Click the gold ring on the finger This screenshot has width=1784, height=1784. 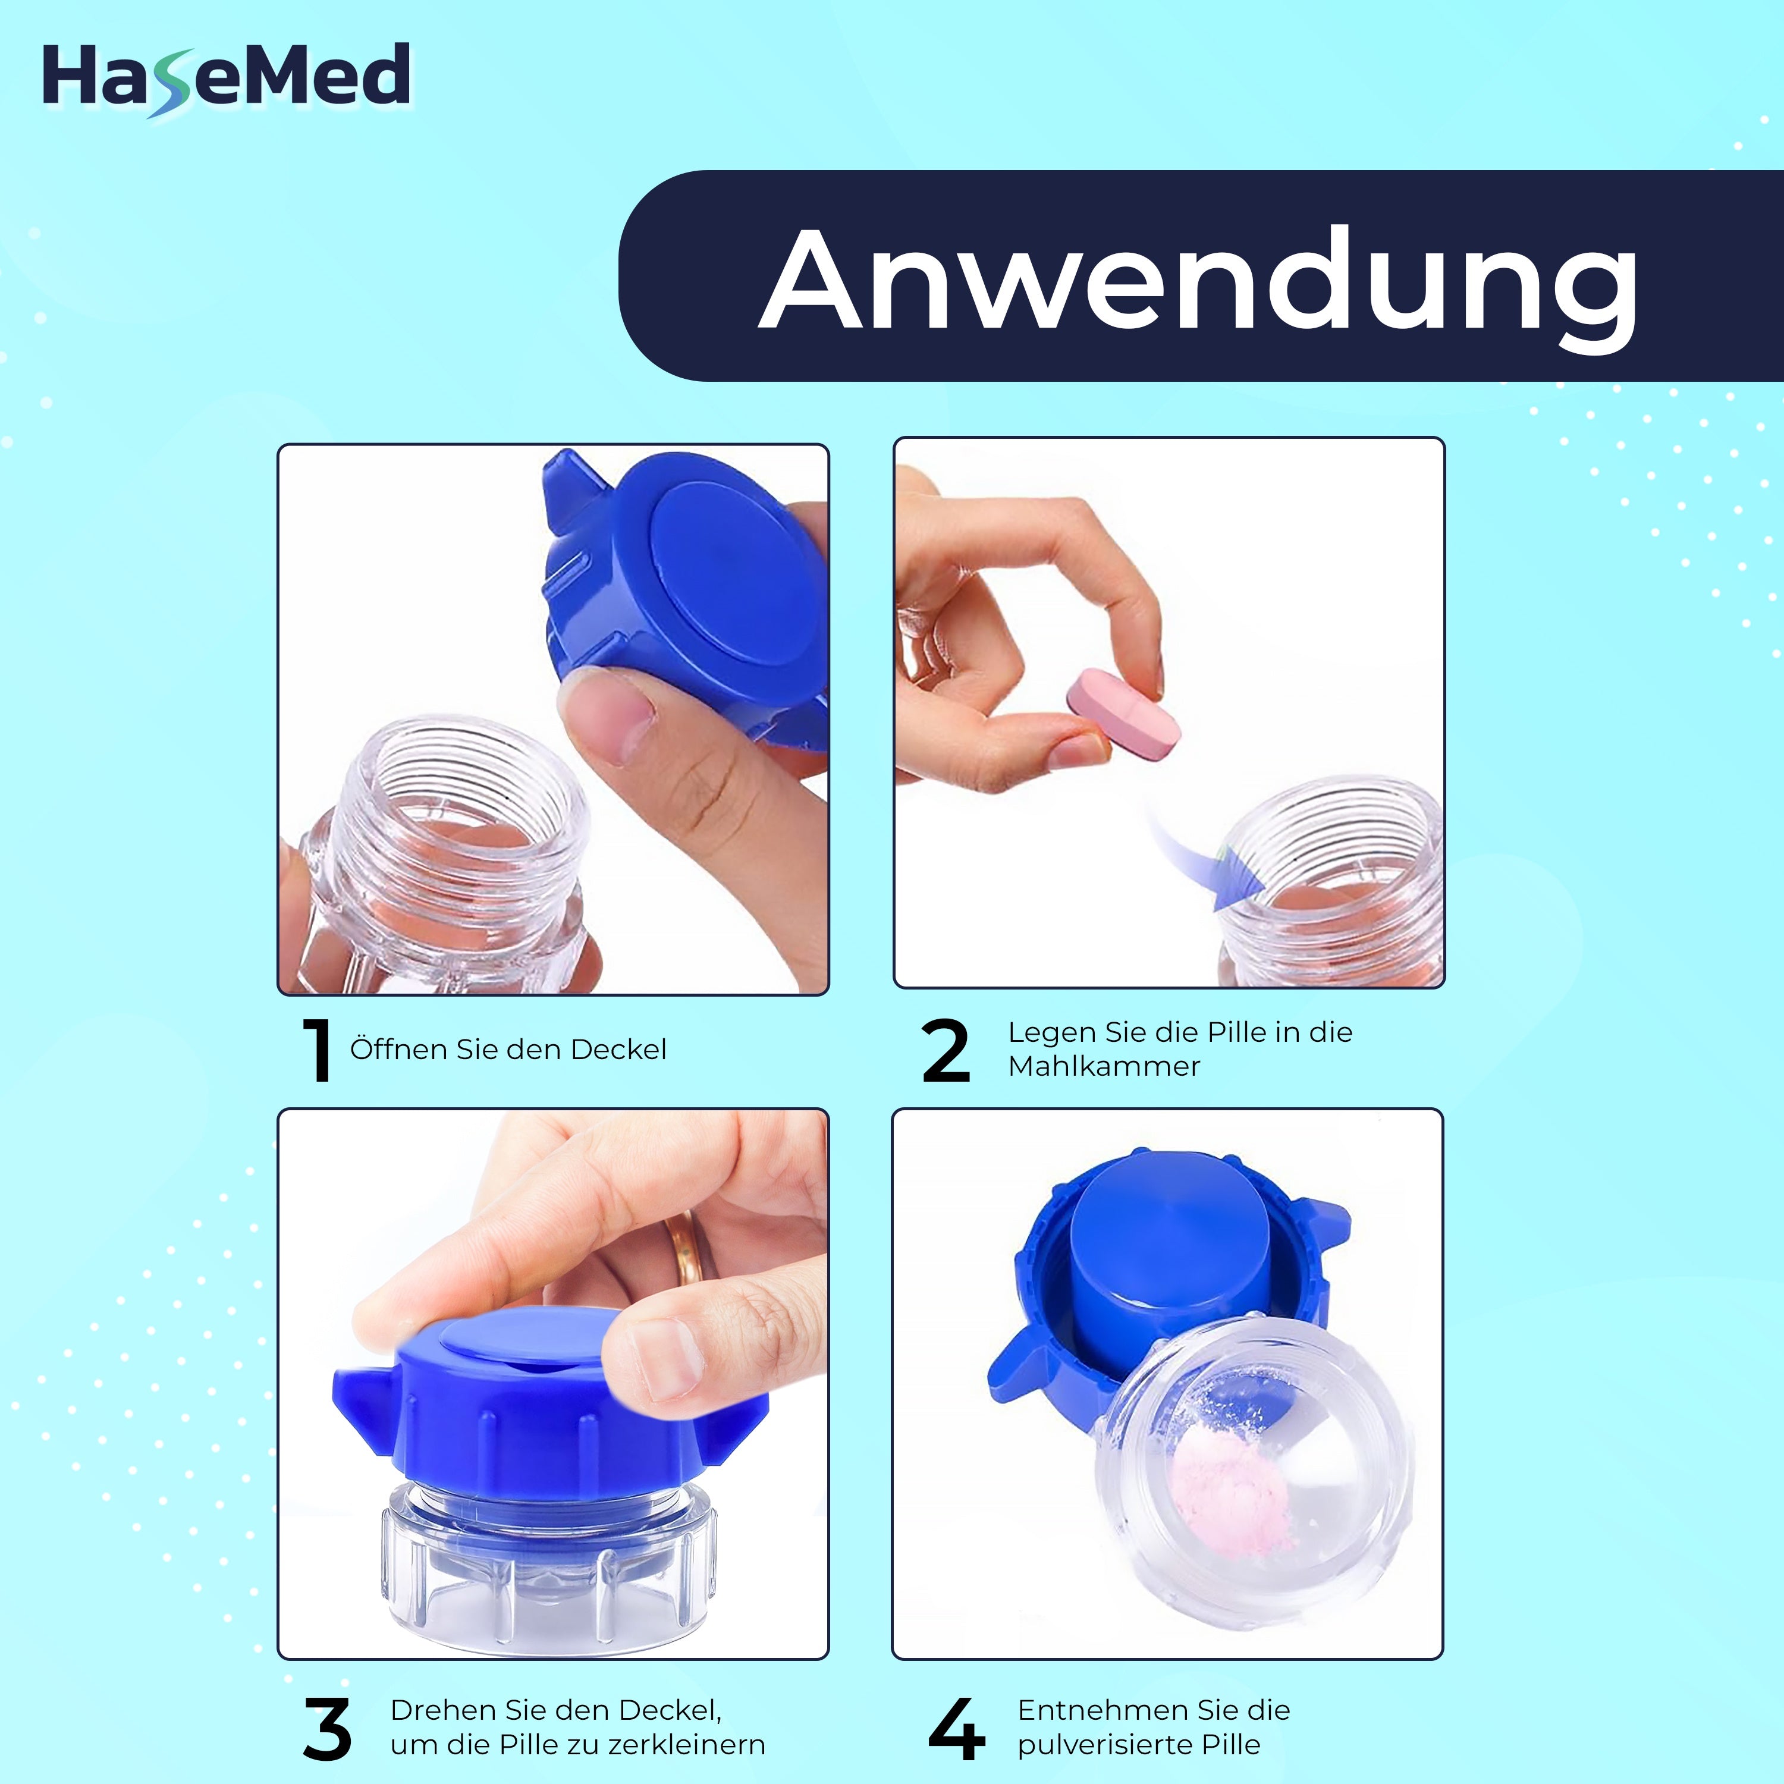click(x=689, y=1246)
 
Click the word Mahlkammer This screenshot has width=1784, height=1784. click(x=1104, y=1066)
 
